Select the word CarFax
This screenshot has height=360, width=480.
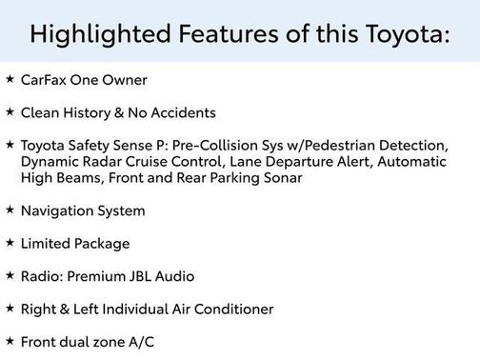pyautogui.click(x=42, y=80)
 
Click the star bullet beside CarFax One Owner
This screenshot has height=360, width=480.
pyautogui.click(x=10, y=79)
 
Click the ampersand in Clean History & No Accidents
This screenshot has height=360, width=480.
pyautogui.click(x=119, y=112)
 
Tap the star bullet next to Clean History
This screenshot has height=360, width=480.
pyautogui.click(x=10, y=111)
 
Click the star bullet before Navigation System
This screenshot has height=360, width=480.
pyautogui.click(x=10, y=210)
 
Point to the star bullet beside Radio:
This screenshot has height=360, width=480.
pyautogui.click(x=10, y=275)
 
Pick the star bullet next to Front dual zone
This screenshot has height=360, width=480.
pyautogui.click(x=10, y=340)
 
